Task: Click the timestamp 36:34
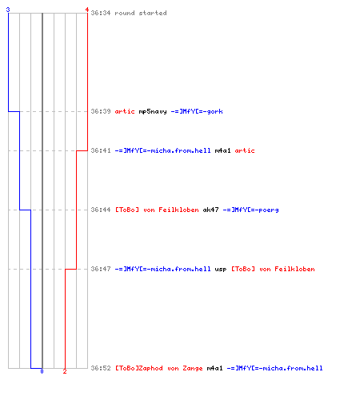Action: pyautogui.click(x=101, y=13)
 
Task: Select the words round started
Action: pyautogui.click(x=141, y=13)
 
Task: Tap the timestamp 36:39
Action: pyautogui.click(x=101, y=111)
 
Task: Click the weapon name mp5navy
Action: pyautogui.click(x=153, y=111)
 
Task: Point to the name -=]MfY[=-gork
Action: pyautogui.click(x=197, y=111)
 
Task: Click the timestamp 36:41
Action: pyautogui.click(x=101, y=150)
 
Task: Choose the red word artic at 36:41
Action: pyautogui.click(x=245, y=150)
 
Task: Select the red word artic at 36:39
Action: pyautogui.click(x=125, y=111)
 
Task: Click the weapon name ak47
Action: pyautogui.click(x=210, y=210)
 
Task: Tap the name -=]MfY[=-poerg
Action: pyautogui.click(x=250, y=210)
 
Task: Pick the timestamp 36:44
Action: pyautogui.click(x=101, y=210)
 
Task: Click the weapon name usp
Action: pyautogui.click(x=221, y=270)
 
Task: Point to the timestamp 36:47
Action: pyautogui.click(x=101, y=269)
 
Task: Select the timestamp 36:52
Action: pyautogui.click(x=101, y=368)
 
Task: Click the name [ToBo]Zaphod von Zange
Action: pyautogui.click(x=159, y=369)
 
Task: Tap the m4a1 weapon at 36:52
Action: pyautogui.click(x=214, y=368)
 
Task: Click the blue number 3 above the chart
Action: pyautogui.click(x=8, y=10)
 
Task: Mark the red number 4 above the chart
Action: pyautogui.click(x=87, y=10)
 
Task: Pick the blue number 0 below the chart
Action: pyautogui.click(x=42, y=371)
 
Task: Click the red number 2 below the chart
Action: pyautogui.click(x=65, y=371)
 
